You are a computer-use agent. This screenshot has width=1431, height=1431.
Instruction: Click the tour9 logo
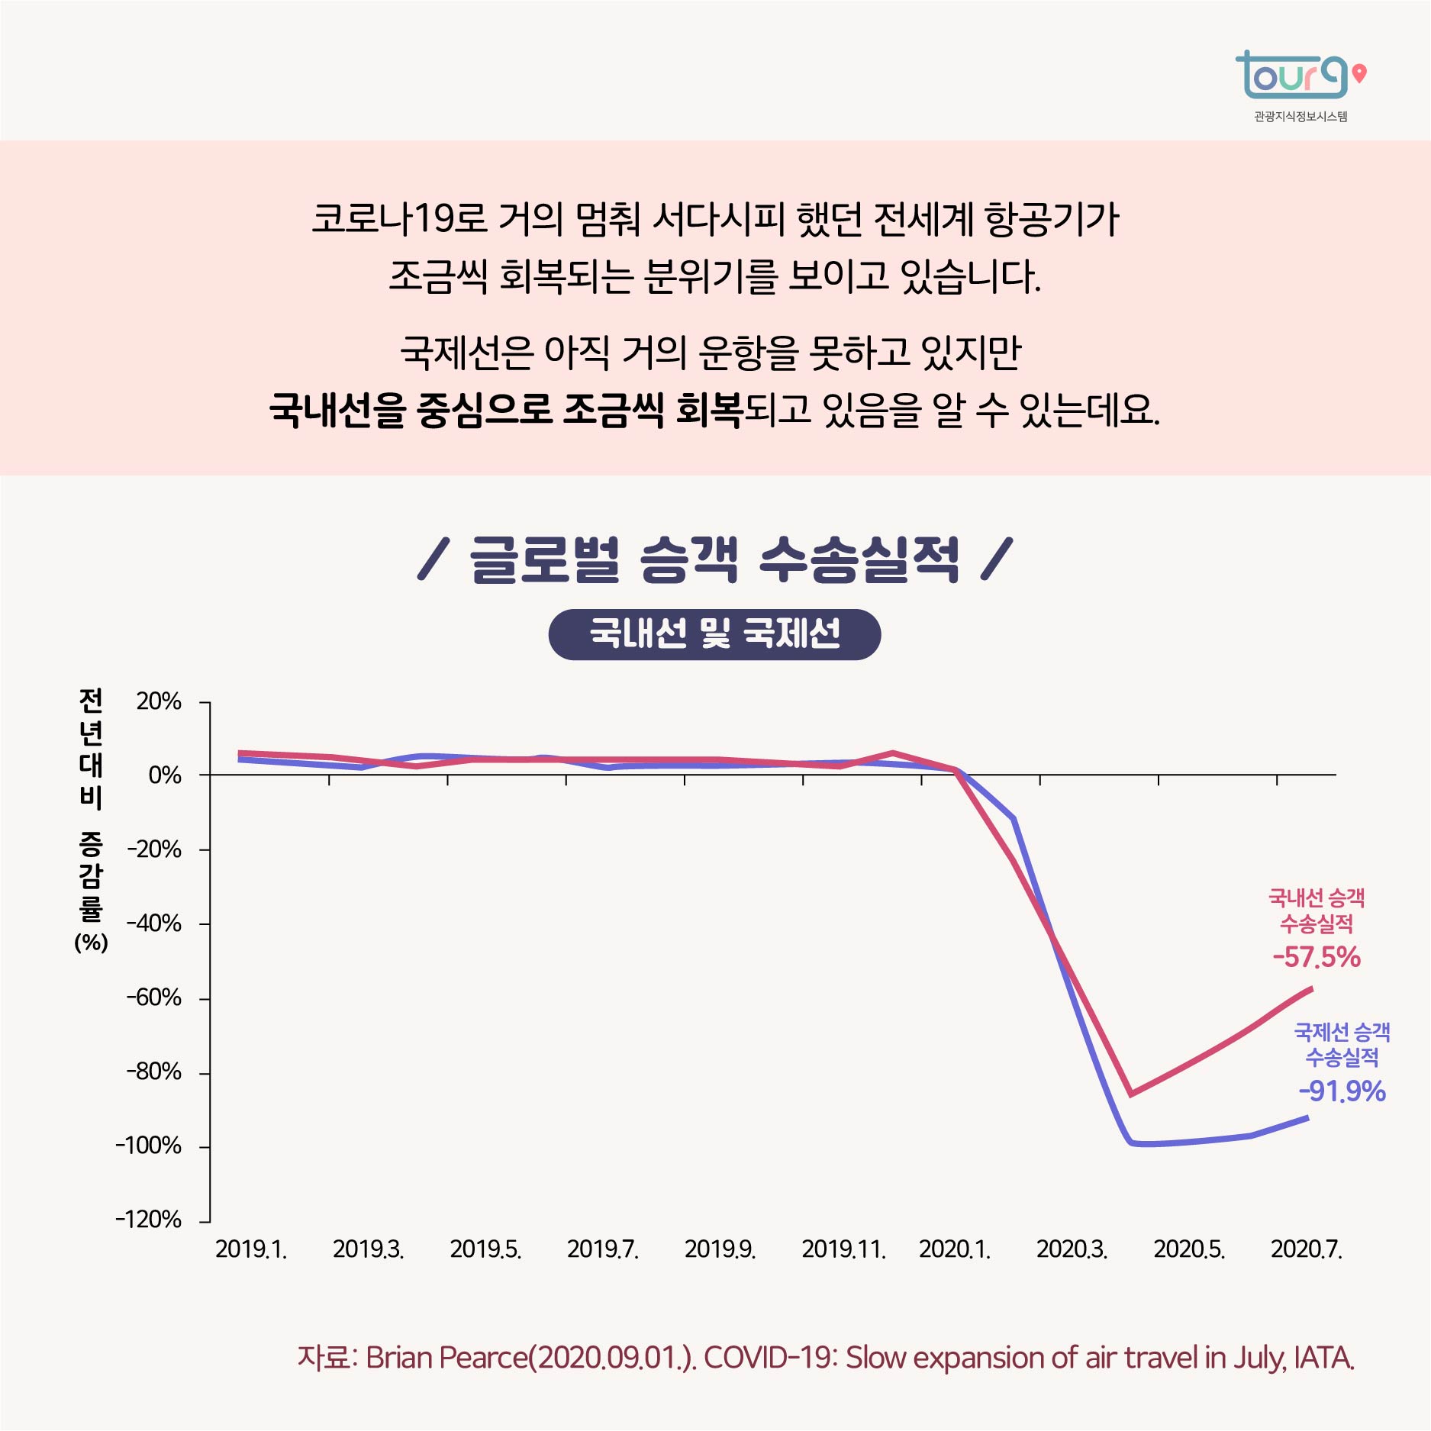click(1291, 76)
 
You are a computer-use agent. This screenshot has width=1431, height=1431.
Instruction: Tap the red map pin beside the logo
click(1359, 74)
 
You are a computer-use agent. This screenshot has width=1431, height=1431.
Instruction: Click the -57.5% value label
click(1317, 957)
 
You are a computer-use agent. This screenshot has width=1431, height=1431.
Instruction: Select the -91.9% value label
click(1342, 1091)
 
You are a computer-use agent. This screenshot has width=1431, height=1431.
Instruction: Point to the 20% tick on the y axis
click(159, 701)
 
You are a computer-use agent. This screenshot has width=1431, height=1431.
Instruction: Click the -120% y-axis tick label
click(149, 1219)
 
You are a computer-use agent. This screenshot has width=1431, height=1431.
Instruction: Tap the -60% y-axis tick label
click(154, 998)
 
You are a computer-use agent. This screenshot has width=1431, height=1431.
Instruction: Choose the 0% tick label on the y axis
click(165, 775)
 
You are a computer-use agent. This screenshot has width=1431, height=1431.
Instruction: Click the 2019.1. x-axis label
click(251, 1249)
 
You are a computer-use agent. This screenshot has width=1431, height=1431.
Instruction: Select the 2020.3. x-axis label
click(1072, 1249)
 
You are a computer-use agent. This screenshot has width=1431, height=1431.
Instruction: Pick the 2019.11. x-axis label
click(843, 1249)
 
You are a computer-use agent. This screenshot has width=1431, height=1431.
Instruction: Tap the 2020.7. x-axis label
click(1306, 1249)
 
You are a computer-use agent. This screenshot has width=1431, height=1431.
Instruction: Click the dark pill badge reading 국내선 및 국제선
click(714, 634)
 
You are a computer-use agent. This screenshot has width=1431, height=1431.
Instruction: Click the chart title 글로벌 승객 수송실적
click(715, 559)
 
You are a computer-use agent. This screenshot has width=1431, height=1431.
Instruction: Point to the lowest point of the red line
click(1131, 1094)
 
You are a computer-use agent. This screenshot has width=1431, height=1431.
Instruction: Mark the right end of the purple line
click(1308, 1118)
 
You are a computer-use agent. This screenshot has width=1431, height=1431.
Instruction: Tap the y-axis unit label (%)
click(91, 943)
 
